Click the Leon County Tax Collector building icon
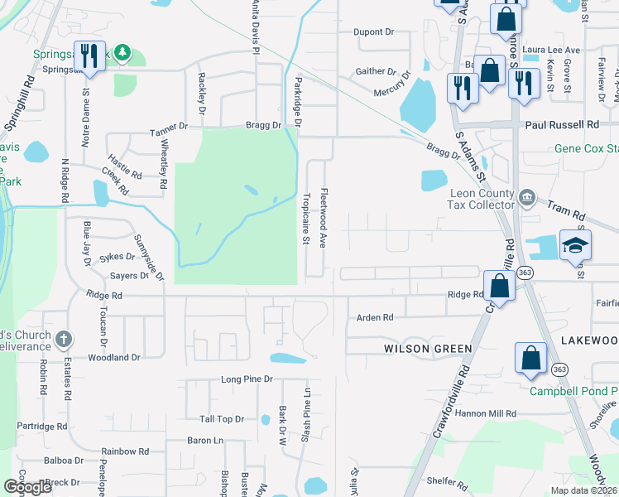pos(527,197)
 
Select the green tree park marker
pos(122,54)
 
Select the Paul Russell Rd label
pos(563,124)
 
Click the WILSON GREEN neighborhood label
pos(428,350)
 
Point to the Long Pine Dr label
pos(247,379)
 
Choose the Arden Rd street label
pos(374,317)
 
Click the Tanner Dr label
pos(169,128)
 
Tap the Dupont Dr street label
pos(373,32)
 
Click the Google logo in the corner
pos(27,487)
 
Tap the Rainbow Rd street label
pos(125,452)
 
